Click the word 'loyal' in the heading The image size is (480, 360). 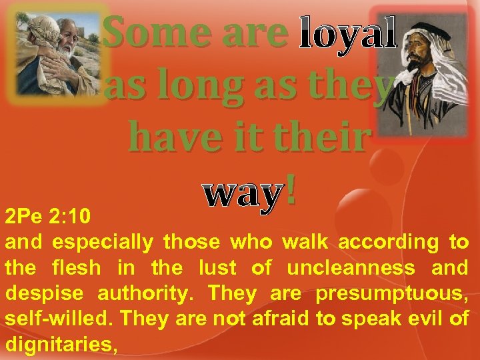[347, 33]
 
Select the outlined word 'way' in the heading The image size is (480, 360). [241, 193]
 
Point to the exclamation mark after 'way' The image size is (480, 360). [291, 191]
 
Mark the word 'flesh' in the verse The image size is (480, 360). [77, 268]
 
